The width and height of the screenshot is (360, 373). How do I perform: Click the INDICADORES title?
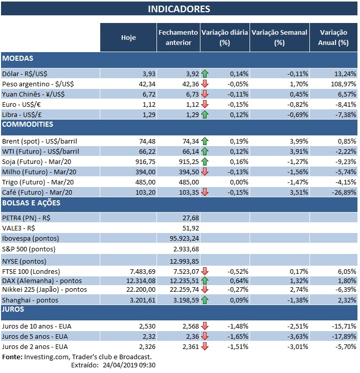(179, 9)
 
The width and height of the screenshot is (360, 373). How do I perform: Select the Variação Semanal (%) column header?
(279, 37)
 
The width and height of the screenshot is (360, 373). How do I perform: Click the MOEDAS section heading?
(18, 59)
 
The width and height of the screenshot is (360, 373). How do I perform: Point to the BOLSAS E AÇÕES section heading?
(32, 203)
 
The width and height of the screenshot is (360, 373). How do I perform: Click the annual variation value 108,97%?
(343, 83)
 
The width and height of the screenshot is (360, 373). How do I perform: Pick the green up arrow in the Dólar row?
(205, 73)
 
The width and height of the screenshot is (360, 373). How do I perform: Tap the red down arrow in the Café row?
(205, 192)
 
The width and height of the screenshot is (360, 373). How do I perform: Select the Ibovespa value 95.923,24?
(184, 238)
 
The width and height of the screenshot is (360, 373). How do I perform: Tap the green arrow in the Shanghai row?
(205, 300)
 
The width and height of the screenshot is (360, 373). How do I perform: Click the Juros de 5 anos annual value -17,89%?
(343, 337)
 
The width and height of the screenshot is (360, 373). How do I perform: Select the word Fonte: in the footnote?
(12, 357)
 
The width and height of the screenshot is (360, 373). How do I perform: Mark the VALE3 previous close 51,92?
(190, 228)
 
